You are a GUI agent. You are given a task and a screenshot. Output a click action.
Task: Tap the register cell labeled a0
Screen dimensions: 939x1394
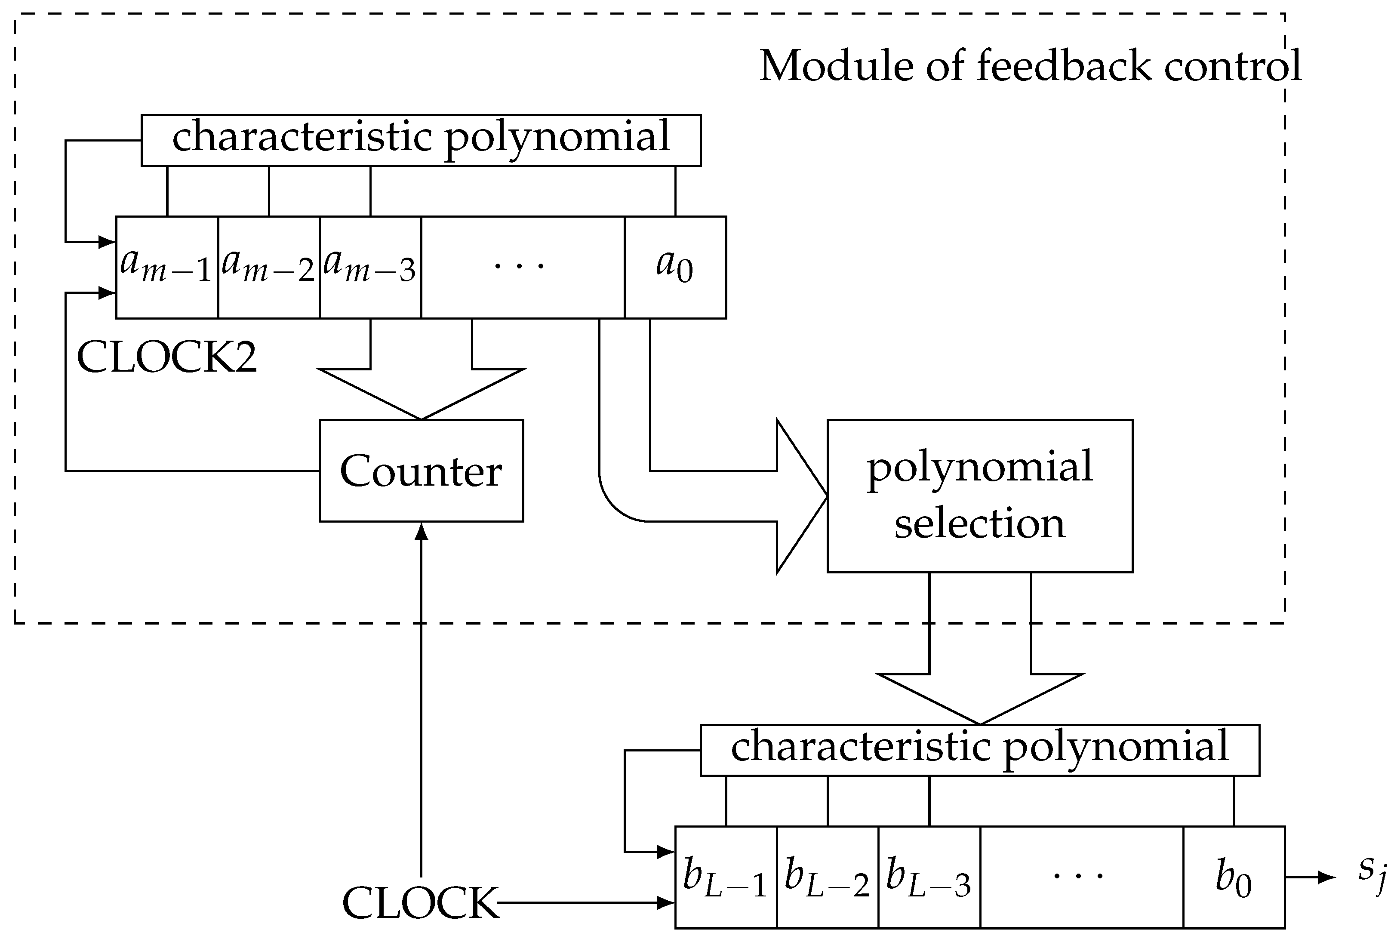(675, 267)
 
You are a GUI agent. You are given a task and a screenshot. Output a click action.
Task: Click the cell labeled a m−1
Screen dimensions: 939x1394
(166, 267)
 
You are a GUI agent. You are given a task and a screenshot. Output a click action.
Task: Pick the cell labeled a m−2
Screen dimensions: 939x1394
(268, 267)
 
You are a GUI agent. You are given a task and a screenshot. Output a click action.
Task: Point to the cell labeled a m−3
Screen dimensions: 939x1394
(370, 267)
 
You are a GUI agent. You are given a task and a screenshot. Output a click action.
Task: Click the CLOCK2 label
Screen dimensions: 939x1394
(166, 357)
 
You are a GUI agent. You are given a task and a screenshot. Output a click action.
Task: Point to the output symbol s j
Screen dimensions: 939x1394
(1372, 875)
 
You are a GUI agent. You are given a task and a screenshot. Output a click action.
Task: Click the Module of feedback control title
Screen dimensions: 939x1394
(1030, 66)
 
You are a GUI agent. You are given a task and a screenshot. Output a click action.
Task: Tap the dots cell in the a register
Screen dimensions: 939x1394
(522, 267)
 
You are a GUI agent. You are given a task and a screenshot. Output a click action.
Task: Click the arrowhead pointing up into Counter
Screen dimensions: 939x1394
(422, 531)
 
